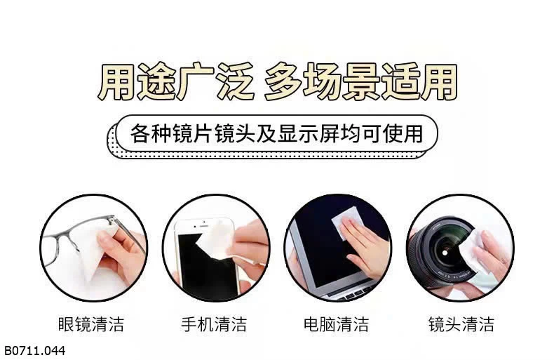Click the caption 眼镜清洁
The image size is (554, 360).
pos(90,324)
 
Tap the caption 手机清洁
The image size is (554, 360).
pos(214,324)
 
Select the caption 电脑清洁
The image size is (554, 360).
pos(337,324)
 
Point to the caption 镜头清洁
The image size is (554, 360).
pos(461,324)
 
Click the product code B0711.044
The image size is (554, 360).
pos(34,350)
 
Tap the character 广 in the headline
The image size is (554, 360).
pos(196,81)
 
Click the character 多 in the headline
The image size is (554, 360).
pos(283,81)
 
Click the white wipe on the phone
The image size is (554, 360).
pos(215,241)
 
